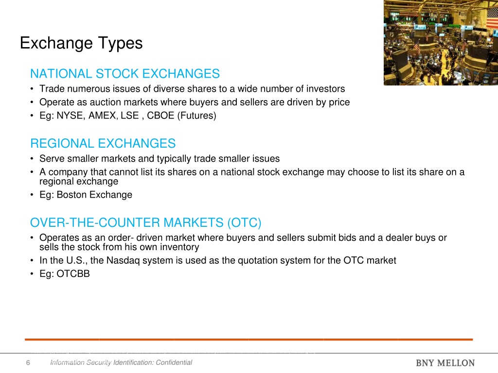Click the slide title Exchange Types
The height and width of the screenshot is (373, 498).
pyautogui.click(x=81, y=43)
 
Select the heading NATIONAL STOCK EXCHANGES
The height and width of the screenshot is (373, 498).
pyautogui.click(x=125, y=74)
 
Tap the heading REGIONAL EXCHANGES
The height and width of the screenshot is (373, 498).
pyautogui.click(x=103, y=143)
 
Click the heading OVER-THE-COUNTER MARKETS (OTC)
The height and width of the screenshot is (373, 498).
pyautogui.click(x=146, y=223)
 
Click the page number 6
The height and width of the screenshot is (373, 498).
pyautogui.click(x=28, y=363)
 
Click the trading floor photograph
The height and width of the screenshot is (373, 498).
pyautogui.click(x=440, y=43)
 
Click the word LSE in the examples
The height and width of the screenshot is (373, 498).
pyautogui.click(x=128, y=116)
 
